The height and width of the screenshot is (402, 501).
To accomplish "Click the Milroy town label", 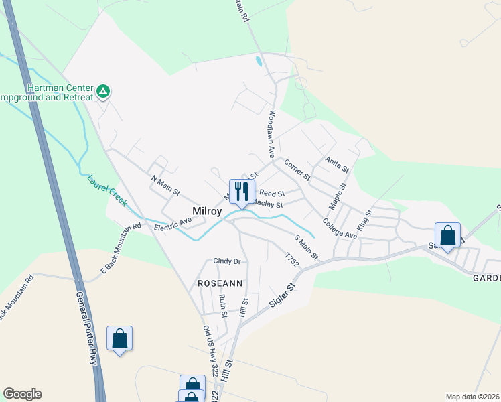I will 207,211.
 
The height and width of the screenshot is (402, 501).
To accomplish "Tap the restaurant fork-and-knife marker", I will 241,192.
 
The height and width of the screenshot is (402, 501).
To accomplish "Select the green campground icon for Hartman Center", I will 103,90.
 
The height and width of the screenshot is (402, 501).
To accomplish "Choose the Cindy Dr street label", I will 226,261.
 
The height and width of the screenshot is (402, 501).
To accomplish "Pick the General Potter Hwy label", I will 86,328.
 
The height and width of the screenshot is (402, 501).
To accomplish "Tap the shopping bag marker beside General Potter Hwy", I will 119,338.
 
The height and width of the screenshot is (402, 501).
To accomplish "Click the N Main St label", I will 165,186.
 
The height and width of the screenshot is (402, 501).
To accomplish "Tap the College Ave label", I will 339,228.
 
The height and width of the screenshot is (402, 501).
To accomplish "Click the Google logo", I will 22,394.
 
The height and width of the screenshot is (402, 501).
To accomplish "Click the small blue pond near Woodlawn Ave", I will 259,62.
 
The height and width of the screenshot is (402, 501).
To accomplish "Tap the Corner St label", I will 297,170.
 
